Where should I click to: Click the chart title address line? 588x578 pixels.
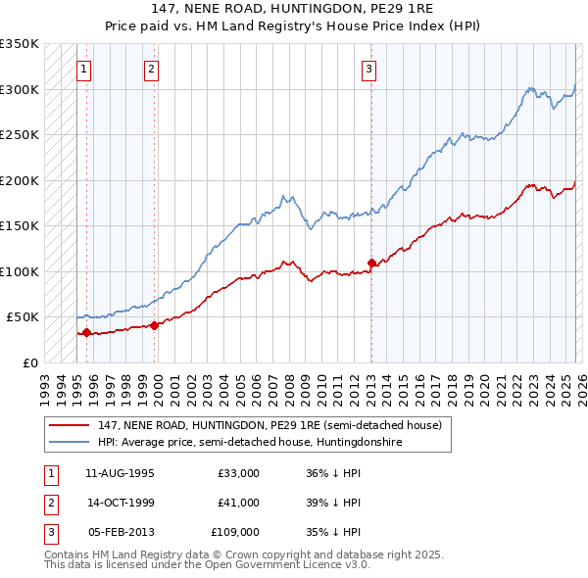point(294,8)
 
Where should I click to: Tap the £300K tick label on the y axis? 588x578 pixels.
point(20,89)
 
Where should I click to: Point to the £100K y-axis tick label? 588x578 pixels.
point(20,271)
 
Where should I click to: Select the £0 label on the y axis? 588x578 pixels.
point(29,362)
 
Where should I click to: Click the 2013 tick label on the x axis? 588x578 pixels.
point(371,381)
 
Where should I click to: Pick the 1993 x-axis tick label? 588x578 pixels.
point(44,381)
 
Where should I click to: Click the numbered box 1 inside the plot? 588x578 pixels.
point(85,69)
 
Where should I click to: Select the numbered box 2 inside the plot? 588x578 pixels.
point(152,69)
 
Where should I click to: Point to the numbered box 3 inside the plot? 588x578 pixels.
point(368,69)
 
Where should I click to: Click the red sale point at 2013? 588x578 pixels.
point(371,263)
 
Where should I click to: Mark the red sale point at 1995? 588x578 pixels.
point(86,332)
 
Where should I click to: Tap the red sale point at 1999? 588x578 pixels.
point(154,325)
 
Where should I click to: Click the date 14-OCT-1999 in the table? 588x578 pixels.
point(121,503)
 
